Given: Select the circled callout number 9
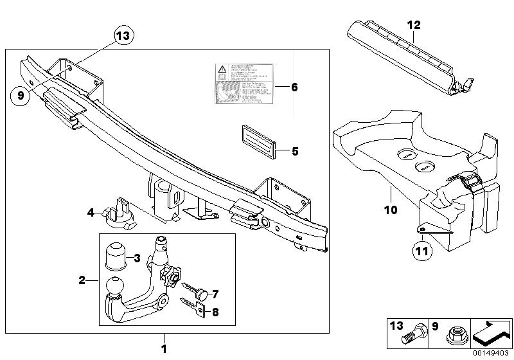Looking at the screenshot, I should tap(21, 94).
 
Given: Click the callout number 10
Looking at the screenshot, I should tap(391, 210).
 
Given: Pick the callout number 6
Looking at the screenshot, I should tap(295, 86).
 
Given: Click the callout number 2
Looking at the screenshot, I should tap(82, 280).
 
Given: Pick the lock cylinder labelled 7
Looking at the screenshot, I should tap(201, 294).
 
